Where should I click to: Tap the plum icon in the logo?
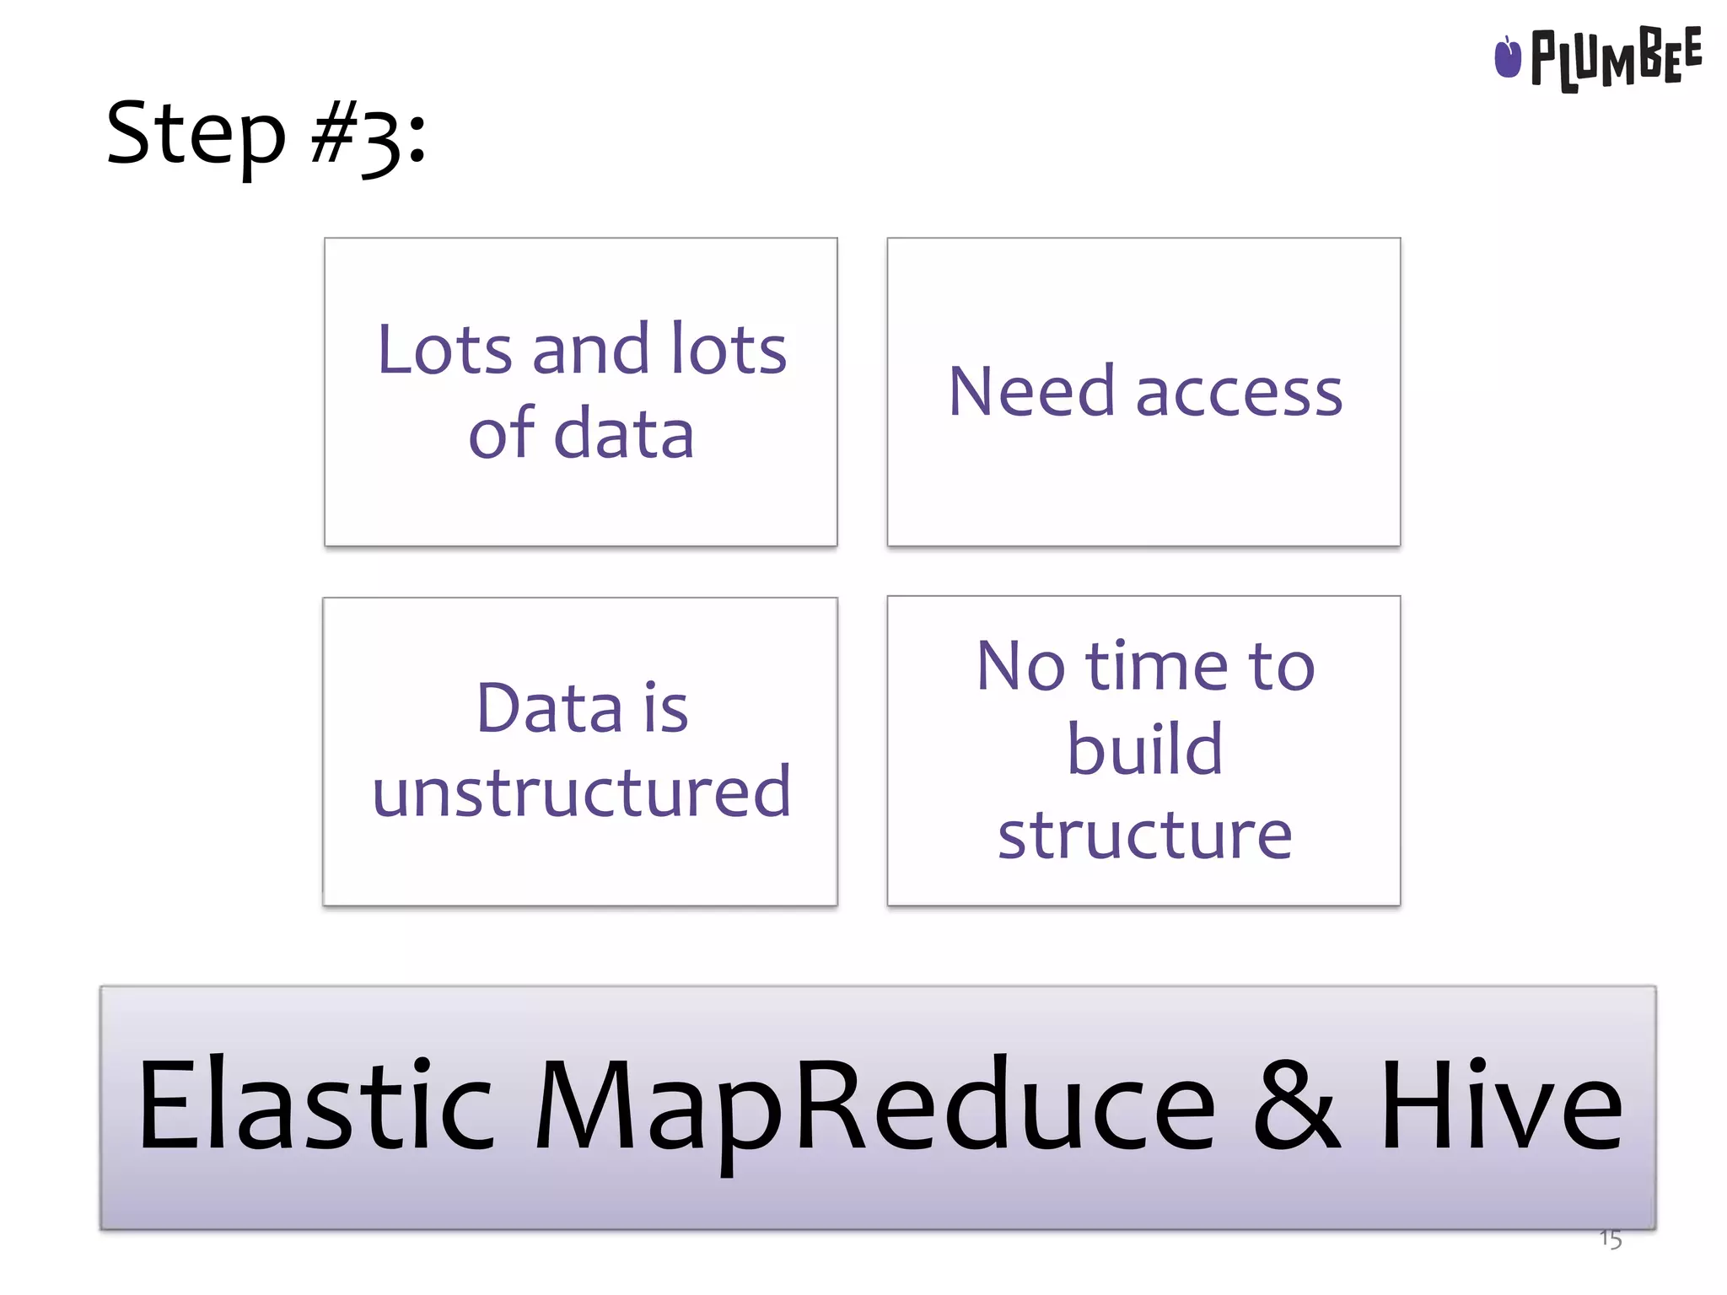pyautogui.click(x=1507, y=57)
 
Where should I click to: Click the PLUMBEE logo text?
pyautogui.click(x=1615, y=57)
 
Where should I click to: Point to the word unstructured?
pyautogui.click(x=582, y=793)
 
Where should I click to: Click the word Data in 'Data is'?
pyautogui.click(x=549, y=708)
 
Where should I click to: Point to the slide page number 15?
pyautogui.click(x=1610, y=1239)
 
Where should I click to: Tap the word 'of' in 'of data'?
pyautogui.click(x=501, y=433)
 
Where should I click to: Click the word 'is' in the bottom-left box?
pyautogui.click(x=666, y=708)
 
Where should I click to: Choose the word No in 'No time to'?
pyautogui.click(x=1020, y=666)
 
